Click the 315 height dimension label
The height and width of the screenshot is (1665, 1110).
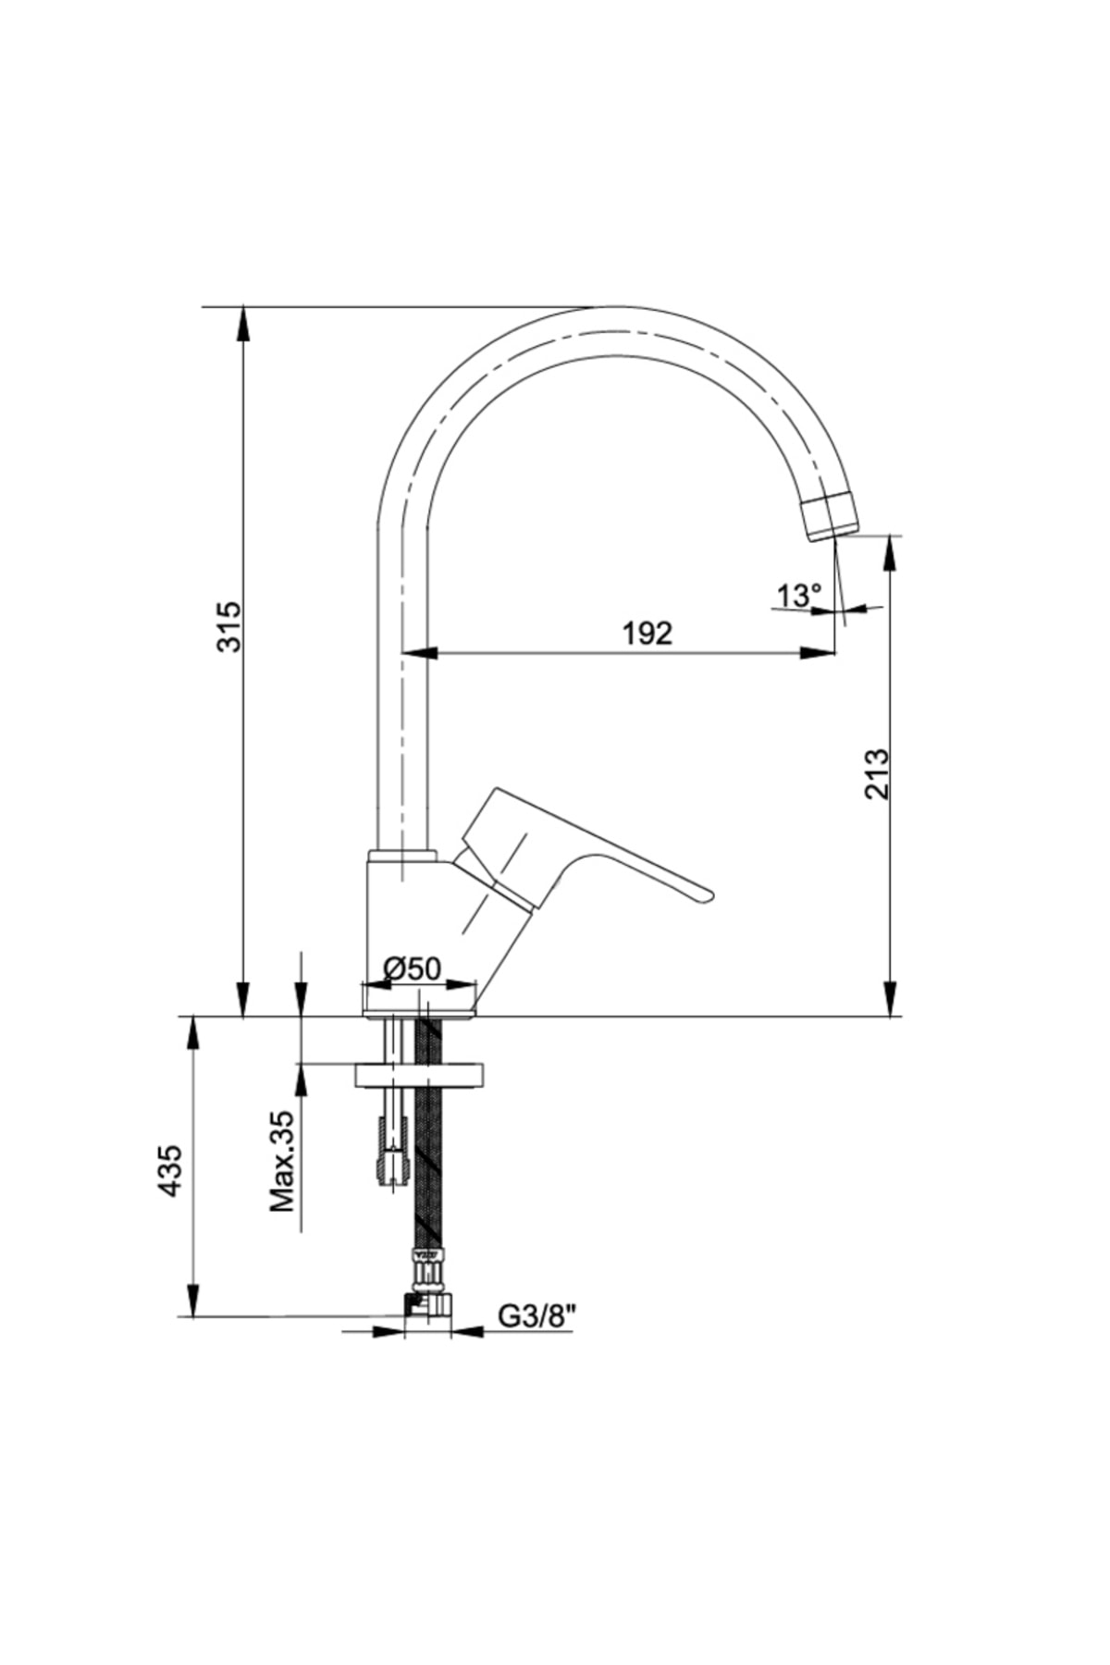point(228,626)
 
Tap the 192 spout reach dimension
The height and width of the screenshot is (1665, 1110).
point(647,634)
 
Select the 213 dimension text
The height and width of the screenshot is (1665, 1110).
point(875,774)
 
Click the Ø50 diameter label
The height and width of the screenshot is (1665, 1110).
point(413,968)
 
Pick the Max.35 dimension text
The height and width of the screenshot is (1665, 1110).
point(281,1161)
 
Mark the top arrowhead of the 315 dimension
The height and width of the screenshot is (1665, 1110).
point(243,325)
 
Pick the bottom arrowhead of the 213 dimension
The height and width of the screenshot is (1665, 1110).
point(890,999)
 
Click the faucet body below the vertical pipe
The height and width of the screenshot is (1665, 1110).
point(421,925)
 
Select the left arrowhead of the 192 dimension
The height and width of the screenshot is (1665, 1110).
point(420,653)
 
